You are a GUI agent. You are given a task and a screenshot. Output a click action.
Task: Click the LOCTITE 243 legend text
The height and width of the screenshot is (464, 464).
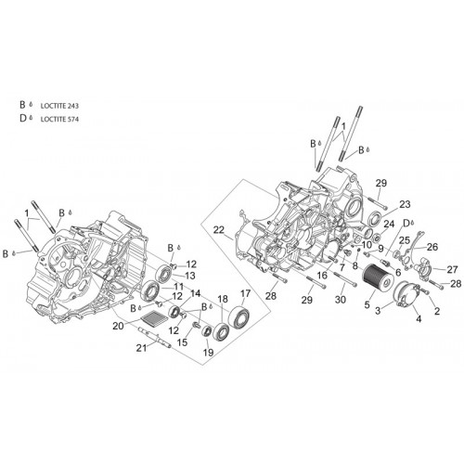point(59,106)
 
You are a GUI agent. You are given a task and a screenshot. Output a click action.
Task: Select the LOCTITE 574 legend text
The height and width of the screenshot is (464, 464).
point(59,119)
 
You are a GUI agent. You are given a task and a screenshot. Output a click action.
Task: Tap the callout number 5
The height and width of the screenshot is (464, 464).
point(367,304)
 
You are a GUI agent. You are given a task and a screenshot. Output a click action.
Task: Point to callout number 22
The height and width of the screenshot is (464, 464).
point(219,230)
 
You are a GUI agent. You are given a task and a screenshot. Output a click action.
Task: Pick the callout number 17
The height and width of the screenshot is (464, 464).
point(245,293)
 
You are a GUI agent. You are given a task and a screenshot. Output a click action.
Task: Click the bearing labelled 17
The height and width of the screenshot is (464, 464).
point(239,316)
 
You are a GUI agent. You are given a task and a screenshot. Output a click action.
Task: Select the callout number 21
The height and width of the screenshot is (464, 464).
point(141,348)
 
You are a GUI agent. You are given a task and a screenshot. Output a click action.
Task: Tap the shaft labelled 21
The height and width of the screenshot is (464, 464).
point(155,337)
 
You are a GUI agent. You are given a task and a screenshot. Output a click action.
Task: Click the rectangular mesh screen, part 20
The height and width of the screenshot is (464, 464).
point(154,316)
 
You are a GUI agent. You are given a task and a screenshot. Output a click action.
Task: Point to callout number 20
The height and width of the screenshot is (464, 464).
point(118,326)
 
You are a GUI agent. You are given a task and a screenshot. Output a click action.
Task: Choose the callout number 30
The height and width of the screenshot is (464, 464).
point(341,300)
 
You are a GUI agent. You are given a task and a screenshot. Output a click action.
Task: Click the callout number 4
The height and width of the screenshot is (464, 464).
point(419,318)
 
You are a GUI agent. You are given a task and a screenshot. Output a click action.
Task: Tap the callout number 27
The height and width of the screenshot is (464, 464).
point(452,269)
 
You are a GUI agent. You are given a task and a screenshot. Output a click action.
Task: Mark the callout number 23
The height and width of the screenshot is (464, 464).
point(405,204)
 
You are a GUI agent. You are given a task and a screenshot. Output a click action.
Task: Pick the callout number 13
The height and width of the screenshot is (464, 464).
point(190,275)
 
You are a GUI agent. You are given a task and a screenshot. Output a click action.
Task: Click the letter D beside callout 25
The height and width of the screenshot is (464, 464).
point(406,223)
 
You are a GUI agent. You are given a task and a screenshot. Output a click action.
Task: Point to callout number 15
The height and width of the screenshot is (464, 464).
point(182,342)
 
